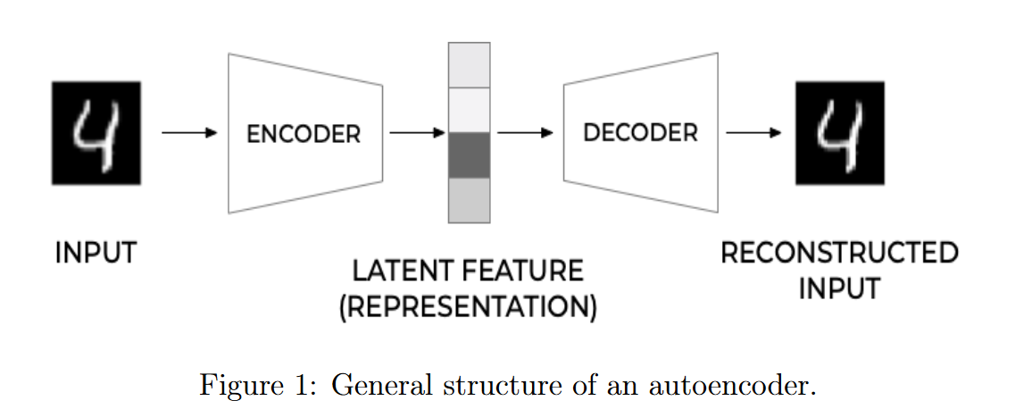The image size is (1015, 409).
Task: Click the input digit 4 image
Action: [96, 133]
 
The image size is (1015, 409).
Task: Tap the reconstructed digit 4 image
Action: [840, 133]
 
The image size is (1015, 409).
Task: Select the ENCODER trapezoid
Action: [305, 134]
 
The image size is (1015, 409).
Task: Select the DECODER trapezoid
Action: [640, 133]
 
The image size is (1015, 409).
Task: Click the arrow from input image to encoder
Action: [189, 133]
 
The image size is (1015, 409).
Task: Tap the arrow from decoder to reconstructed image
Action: [754, 133]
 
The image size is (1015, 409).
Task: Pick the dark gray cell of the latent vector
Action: [469, 155]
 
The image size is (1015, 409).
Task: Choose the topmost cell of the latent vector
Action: [469, 64]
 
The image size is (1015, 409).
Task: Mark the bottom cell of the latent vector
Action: [469, 200]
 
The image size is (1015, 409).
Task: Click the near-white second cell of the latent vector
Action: [469, 110]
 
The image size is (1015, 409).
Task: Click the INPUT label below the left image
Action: [96, 253]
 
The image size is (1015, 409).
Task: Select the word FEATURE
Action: [521, 271]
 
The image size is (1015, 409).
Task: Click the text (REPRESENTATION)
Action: [468, 306]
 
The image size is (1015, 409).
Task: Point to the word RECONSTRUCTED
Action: [839, 253]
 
